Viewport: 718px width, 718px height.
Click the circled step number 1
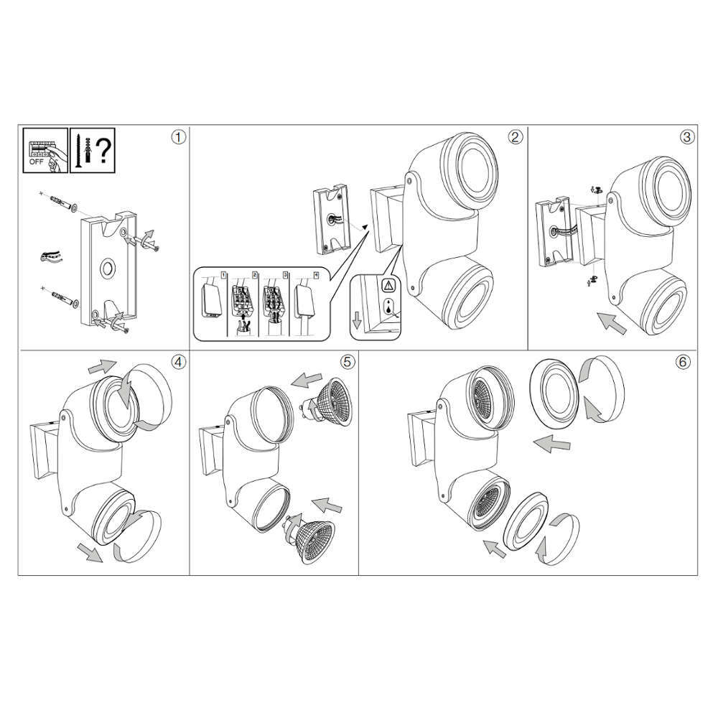tap(179, 137)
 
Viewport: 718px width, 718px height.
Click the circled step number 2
tap(516, 137)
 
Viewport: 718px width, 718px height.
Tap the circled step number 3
tap(687, 137)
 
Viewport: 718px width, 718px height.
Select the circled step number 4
tap(179, 362)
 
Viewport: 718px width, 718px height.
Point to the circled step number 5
tap(348, 362)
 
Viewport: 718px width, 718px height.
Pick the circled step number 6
tap(683, 362)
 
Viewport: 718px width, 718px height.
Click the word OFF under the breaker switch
tap(36, 162)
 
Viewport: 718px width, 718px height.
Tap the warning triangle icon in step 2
tap(388, 286)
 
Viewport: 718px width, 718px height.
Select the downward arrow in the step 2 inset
tap(357, 324)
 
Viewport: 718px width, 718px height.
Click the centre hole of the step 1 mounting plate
tap(109, 268)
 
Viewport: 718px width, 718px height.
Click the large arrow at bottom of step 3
tap(612, 323)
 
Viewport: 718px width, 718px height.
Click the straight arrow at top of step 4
tap(102, 366)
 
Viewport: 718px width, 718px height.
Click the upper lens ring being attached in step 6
tap(554, 393)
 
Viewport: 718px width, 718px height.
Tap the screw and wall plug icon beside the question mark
tap(85, 150)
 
